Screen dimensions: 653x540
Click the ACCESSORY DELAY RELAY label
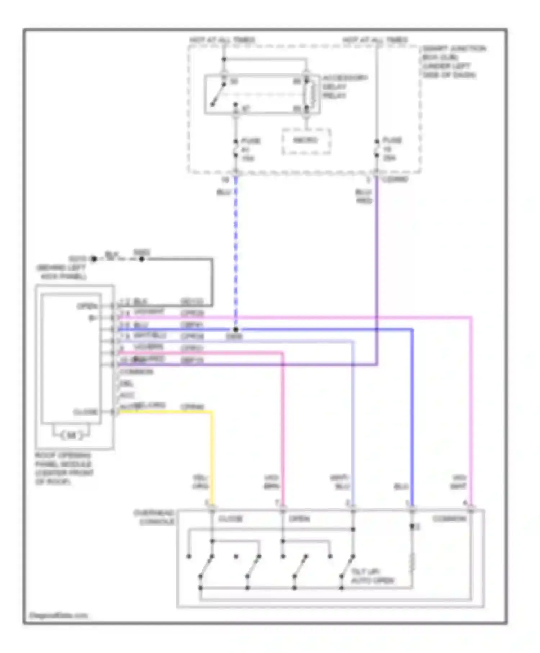point(345,87)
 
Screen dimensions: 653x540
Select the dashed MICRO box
point(306,141)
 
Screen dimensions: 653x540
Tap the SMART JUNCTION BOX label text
point(453,62)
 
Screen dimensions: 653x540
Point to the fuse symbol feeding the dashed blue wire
point(236,149)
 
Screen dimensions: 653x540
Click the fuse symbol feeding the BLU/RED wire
point(377,149)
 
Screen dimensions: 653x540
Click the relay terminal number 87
point(246,108)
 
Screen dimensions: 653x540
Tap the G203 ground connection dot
point(94,259)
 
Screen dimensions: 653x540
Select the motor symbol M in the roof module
point(71,436)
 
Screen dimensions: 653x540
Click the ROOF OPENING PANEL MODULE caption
point(64,468)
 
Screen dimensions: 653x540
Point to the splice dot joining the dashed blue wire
point(235,329)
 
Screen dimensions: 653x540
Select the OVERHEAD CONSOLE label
point(154,517)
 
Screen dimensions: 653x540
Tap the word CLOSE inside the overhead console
point(230,519)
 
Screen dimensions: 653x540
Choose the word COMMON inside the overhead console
point(449,519)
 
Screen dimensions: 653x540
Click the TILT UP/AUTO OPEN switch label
point(372,576)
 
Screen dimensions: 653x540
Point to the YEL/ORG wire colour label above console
point(201,482)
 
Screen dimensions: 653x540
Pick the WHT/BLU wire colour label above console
point(340,482)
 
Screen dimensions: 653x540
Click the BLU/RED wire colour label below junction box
point(364,197)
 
